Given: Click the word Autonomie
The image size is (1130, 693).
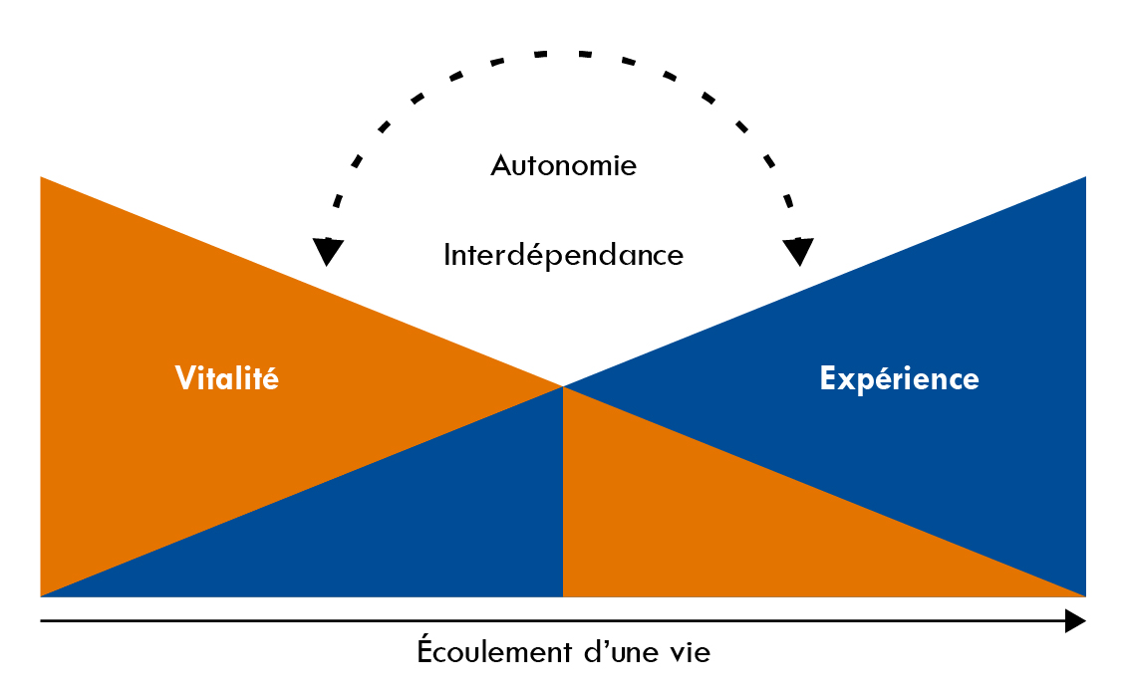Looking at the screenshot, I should click(x=563, y=165).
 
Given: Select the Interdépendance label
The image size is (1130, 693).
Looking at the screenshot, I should click(x=563, y=256).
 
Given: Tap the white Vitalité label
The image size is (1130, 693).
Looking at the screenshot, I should click(x=227, y=379).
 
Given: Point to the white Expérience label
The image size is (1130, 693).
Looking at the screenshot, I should click(x=899, y=379).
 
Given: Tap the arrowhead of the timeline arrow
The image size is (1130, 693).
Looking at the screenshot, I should click(x=1075, y=621).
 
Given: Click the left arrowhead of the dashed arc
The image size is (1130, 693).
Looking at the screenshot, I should click(x=326, y=251).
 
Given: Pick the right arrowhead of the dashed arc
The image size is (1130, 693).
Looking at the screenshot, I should click(x=798, y=251).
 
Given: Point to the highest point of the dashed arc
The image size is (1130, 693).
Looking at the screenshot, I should click(x=563, y=53).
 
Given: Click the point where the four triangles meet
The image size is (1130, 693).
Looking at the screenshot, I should click(x=563, y=386).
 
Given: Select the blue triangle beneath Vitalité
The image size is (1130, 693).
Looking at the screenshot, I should click(x=399, y=528).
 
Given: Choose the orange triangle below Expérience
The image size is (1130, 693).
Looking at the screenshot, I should click(x=727, y=528).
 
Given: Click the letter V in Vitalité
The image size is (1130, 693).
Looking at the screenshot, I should click(x=184, y=379).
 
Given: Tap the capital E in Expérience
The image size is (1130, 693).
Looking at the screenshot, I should click(x=827, y=379).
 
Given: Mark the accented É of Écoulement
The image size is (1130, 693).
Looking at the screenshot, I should click(x=425, y=652).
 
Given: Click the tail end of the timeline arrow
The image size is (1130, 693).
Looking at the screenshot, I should click(x=43, y=621).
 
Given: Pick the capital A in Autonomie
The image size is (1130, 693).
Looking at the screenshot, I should click(x=501, y=165).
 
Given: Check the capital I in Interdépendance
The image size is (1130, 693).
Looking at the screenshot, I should click(x=447, y=256).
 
